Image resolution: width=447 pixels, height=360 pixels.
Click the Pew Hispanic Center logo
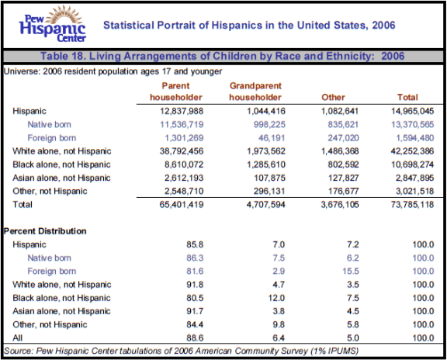coord(53,24)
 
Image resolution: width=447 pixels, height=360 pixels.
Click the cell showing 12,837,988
coord(182,111)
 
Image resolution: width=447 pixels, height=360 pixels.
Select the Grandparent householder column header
coord(255,92)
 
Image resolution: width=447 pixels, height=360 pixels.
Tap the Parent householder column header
coord(176,92)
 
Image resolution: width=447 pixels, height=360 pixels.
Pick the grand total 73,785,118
coord(413,205)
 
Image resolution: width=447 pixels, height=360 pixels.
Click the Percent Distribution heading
coord(45,231)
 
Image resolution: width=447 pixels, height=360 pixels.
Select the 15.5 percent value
coord(351,271)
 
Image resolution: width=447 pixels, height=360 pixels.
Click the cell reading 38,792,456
coord(182,151)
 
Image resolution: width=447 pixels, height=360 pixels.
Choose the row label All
coord(17,337)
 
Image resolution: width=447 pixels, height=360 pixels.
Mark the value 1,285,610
coord(266,164)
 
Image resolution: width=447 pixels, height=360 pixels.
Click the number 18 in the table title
coord(78,56)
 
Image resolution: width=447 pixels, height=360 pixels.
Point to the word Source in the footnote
coord(18,351)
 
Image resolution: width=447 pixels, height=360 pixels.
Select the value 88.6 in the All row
coord(195,337)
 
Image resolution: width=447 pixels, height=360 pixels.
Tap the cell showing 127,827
coord(343,178)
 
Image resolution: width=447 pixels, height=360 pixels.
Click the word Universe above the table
coord(22,71)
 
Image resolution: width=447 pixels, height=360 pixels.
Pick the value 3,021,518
coord(414,191)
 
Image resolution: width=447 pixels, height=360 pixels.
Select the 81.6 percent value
coord(195,271)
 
